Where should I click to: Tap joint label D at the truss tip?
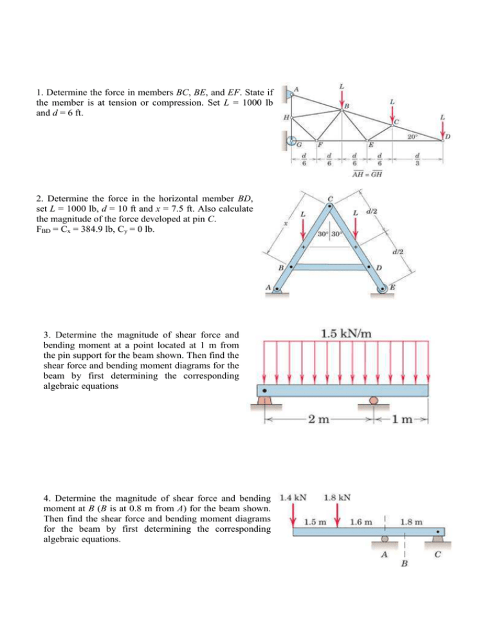click(x=447, y=136)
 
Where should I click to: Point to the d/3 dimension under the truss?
click(x=418, y=159)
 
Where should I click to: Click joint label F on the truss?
click(x=320, y=145)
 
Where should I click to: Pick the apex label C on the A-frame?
click(x=331, y=198)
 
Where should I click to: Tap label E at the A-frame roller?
click(x=392, y=288)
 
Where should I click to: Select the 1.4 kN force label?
click(x=293, y=498)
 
